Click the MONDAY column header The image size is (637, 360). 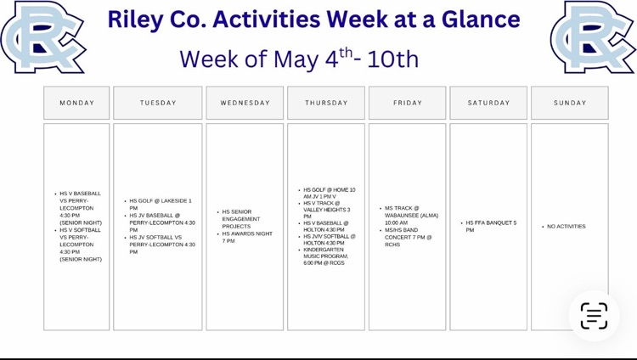76,103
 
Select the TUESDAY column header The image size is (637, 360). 158,103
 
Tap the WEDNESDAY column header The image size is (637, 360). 245,103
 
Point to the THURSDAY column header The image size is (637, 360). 326,103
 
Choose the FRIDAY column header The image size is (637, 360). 407,103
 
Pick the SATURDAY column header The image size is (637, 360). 488,103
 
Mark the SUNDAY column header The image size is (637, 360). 570,103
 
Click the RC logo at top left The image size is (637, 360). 42,37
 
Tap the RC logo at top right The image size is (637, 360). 592,37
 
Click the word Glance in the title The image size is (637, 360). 481,19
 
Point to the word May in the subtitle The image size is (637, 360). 296,60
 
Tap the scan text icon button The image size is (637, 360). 594,315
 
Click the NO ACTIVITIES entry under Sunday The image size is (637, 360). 567,227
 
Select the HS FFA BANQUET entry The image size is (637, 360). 491,227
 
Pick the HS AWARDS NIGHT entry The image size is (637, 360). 247,237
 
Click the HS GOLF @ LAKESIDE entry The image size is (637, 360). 161,205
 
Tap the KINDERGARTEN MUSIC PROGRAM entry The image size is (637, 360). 326,256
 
